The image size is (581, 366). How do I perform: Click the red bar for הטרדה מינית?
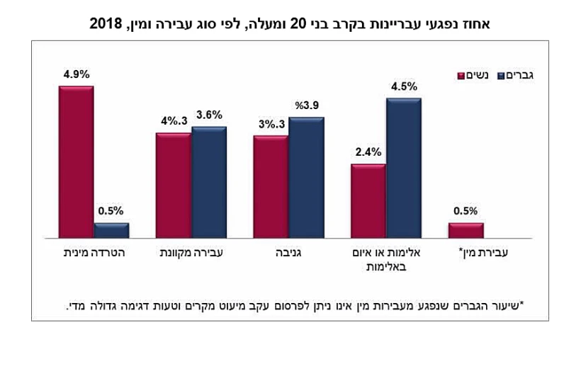click(76, 161)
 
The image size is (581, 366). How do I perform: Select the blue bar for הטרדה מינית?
click(111, 230)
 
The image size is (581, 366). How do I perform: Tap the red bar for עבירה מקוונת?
click(173, 185)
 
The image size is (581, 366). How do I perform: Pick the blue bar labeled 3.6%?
click(209, 182)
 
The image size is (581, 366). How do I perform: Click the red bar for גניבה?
click(271, 186)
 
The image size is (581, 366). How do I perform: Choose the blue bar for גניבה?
click(306, 177)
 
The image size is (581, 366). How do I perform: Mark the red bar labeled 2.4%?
click(368, 200)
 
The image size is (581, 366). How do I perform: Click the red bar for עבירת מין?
click(466, 230)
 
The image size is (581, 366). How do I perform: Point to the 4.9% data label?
click(76, 72)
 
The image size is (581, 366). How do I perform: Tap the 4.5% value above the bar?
click(403, 87)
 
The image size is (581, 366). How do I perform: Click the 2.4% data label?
click(368, 151)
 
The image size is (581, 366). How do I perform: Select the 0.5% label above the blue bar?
click(111, 210)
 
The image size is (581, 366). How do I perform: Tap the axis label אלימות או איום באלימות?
click(385, 259)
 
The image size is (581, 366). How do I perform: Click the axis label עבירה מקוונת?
click(191, 253)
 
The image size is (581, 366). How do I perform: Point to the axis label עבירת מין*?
click(484, 253)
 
